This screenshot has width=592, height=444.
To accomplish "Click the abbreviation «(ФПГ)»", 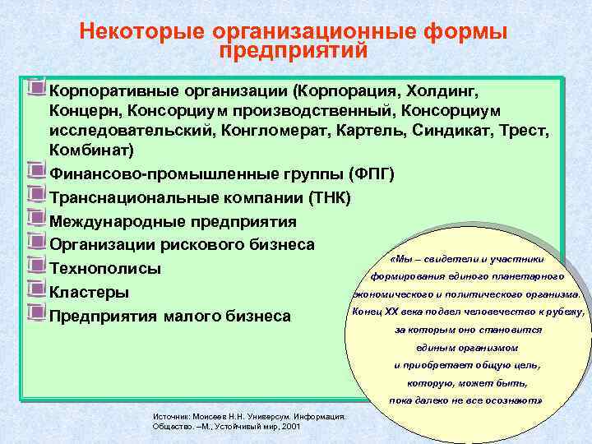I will [x=372, y=175].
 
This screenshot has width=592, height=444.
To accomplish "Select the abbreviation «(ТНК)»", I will [x=328, y=198].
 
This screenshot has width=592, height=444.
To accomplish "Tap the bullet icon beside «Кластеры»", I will [x=35, y=289].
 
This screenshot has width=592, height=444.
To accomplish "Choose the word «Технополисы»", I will [x=105, y=270].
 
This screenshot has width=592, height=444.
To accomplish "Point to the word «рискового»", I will [x=205, y=246].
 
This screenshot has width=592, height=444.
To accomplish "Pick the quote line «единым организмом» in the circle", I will [x=467, y=347].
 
